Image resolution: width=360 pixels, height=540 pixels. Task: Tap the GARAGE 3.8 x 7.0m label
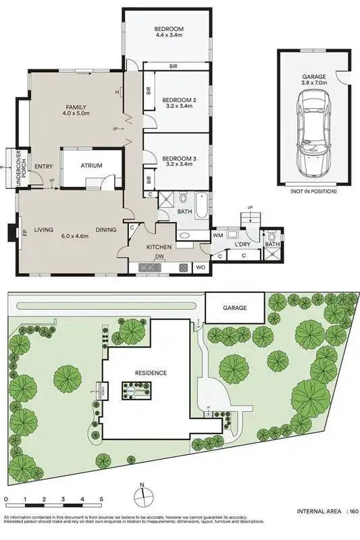coord(315,82)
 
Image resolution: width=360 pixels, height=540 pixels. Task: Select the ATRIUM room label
coord(91,164)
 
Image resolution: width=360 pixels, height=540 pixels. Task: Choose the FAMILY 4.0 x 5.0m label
coord(76,112)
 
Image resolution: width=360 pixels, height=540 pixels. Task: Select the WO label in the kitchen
coord(201,268)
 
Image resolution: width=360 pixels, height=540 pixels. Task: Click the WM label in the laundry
coord(218,235)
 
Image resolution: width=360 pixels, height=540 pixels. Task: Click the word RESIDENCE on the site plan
coord(150,373)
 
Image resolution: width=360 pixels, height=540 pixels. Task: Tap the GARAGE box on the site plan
coord(234,308)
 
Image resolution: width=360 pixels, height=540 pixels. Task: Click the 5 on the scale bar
coord(101,500)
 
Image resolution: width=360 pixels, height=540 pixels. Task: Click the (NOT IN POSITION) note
coord(315,192)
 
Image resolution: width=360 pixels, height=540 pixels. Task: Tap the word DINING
coord(105,230)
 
